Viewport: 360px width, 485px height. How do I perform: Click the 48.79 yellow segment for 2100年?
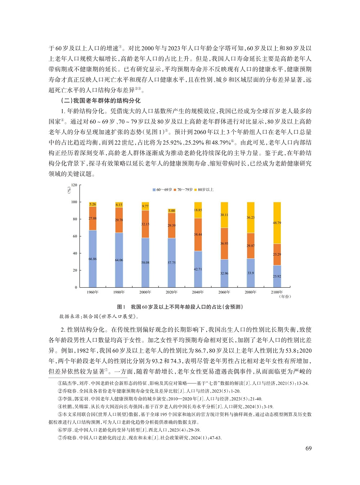coord(277,223)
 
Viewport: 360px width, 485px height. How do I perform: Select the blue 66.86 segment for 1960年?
coord(93,259)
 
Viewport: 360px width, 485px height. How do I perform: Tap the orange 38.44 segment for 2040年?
coord(198,234)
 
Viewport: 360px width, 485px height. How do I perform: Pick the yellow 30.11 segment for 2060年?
coord(224,215)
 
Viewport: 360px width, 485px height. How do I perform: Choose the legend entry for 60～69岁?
coord(162,190)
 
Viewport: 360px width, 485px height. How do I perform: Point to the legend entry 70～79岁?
coord(183,190)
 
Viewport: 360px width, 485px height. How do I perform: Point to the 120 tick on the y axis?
coord(74,185)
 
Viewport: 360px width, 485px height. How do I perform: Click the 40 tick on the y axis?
coord(75,253)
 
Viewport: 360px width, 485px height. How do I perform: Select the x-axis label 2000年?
coord(145,292)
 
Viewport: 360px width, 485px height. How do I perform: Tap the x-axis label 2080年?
coord(251,292)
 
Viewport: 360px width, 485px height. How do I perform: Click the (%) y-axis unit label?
coord(69,190)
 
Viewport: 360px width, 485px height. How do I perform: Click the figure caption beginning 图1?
coord(180,307)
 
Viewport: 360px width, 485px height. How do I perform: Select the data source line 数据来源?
coord(99,316)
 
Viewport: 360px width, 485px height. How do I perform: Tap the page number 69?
coord(309,448)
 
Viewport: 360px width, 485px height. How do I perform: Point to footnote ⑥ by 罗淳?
coord(129,430)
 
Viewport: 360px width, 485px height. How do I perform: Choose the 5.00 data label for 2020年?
coord(172,211)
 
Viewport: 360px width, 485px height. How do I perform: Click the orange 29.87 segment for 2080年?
coord(251,246)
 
